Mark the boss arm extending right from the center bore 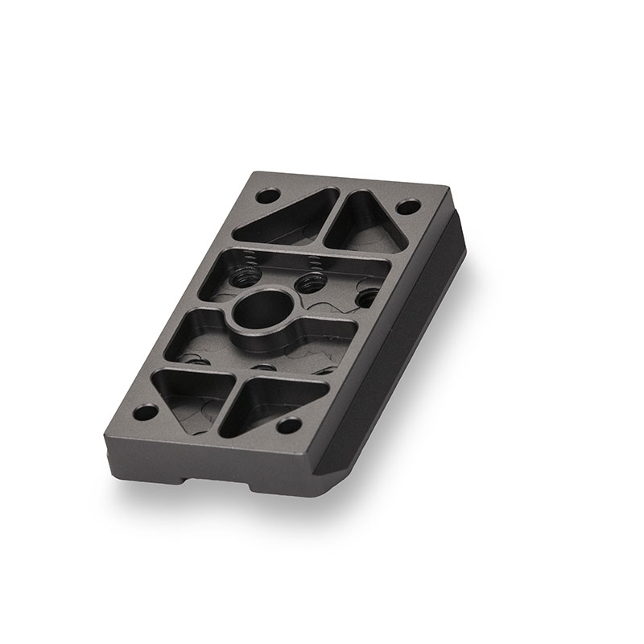322,328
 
